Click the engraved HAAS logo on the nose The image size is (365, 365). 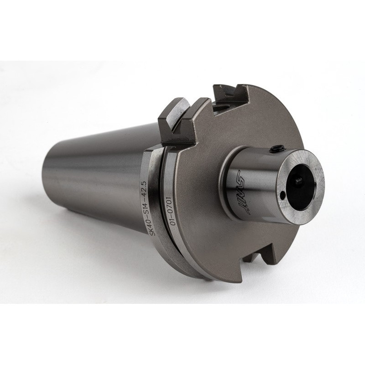[247, 195]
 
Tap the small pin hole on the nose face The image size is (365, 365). [283, 196]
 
